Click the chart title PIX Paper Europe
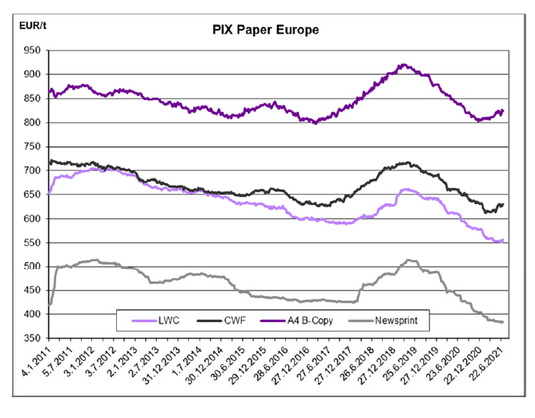click(266, 30)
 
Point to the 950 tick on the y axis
click(32, 50)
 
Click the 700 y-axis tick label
click(32, 171)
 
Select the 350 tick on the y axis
click(32, 339)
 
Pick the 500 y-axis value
click(32, 267)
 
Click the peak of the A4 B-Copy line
click(404, 65)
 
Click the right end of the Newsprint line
click(503, 322)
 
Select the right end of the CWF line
click(503, 204)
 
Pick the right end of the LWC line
click(503, 240)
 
